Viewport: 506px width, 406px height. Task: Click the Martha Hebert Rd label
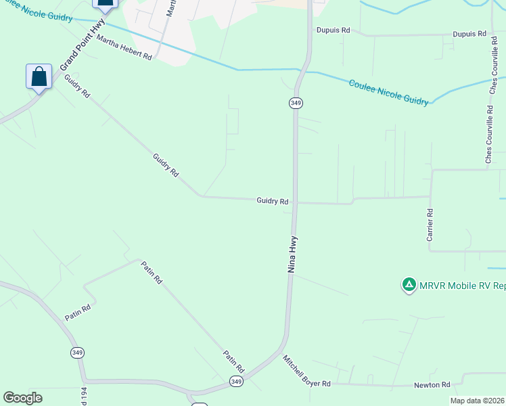(124, 48)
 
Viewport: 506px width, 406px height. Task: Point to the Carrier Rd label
(430, 225)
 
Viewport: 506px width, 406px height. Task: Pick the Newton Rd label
(432, 385)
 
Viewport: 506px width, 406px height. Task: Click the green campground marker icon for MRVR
(409, 286)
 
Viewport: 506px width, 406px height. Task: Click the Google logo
(22, 398)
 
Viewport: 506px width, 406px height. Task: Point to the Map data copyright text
(477, 401)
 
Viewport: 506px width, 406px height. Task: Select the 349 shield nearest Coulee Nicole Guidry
(296, 103)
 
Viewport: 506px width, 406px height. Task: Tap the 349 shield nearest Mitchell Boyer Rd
(236, 382)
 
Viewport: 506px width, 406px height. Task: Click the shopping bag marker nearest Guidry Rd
(39, 76)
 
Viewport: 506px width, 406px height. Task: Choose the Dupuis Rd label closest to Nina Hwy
(333, 30)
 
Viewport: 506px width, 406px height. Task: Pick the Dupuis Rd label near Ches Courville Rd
(469, 33)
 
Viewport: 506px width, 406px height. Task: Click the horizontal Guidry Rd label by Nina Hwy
(273, 201)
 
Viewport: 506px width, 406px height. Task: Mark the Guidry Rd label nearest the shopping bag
(77, 87)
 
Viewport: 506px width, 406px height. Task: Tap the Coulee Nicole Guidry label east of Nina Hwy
(388, 92)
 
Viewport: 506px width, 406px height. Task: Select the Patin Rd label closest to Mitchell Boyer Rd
(233, 363)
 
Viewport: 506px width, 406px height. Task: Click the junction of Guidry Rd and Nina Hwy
(296, 202)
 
